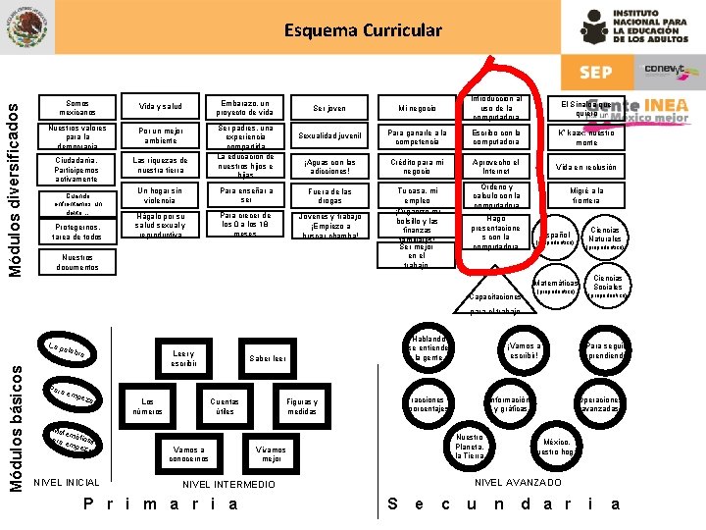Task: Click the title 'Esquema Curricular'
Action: tap(363, 29)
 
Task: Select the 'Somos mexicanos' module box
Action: tap(77, 107)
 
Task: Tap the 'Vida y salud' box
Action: tap(160, 107)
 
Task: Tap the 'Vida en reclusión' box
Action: tap(585, 168)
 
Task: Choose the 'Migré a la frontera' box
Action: tap(585, 194)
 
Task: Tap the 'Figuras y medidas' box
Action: tap(301, 406)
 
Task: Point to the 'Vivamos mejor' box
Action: tap(270, 452)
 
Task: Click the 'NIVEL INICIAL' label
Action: tap(67, 483)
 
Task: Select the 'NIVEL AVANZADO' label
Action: tap(518, 483)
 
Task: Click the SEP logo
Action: tap(595, 72)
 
